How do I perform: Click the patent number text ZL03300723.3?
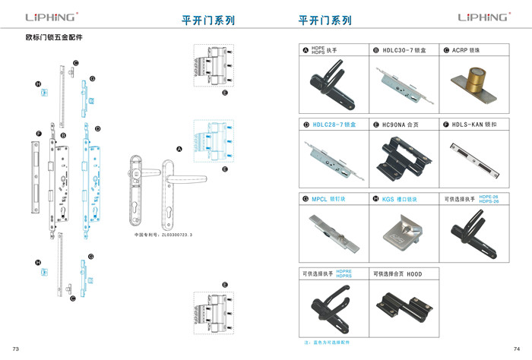[163, 235]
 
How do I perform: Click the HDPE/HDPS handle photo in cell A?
[330, 84]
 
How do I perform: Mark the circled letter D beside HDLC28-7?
[306, 125]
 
